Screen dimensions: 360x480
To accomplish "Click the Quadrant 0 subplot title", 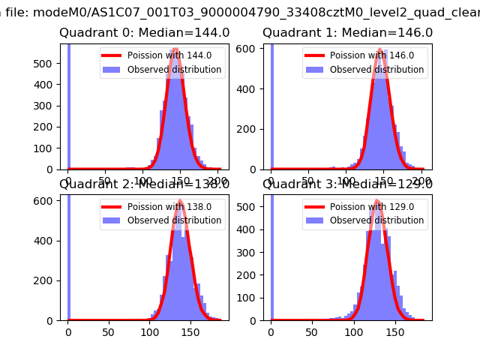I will click(x=144, y=33).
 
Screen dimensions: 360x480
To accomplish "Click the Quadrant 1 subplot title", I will click(x=347, y=33).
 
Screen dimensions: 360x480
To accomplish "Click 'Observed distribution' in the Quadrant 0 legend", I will click(x=174, y=70).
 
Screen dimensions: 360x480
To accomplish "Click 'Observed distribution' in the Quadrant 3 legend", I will click(x=376, y=220).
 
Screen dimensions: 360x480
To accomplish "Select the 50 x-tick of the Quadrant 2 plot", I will click(x=109, y=331).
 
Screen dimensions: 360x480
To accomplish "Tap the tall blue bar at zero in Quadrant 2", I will click(x=68, y=255).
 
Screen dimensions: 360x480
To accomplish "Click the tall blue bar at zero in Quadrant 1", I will click(x=271, y=105).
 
